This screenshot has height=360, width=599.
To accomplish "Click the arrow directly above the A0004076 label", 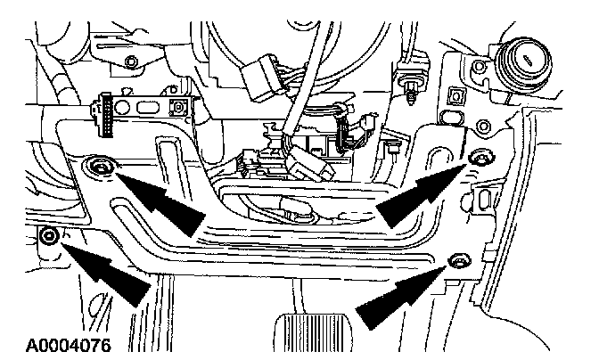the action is coord(107,272).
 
